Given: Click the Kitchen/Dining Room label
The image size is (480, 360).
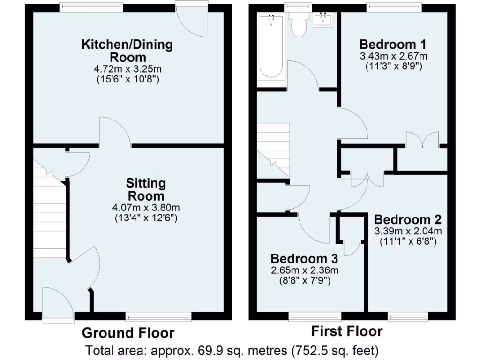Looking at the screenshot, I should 127,51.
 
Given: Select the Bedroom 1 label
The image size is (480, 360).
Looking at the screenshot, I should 393,45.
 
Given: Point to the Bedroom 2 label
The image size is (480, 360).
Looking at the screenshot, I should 407,219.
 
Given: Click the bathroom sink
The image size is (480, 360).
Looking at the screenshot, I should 324,20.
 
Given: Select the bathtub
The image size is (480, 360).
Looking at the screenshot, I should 271,47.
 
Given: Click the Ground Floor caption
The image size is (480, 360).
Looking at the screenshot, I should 128,333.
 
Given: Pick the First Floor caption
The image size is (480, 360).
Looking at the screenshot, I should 347,331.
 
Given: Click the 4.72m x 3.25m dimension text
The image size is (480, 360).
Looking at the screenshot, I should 127,69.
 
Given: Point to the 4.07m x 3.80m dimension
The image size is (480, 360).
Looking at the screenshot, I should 146,207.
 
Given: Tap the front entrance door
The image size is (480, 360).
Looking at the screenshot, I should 58,305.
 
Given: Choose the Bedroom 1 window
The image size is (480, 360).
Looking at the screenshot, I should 393,7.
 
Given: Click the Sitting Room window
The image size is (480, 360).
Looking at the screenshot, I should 158,317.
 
